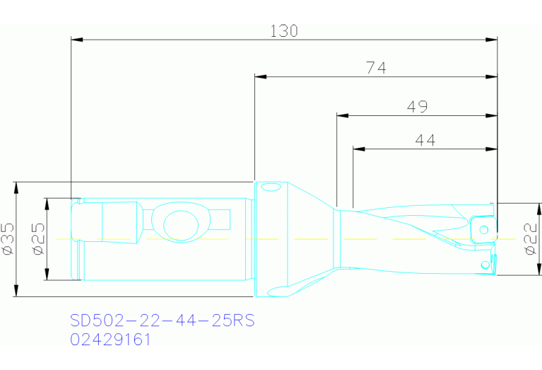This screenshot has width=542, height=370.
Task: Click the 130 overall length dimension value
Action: point(284,31)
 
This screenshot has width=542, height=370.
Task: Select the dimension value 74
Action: point(375,68)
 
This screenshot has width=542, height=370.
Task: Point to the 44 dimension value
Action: point(424,141)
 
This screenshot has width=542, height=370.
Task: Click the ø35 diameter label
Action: point(8,239)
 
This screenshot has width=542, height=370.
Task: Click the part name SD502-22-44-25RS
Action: point(162,320)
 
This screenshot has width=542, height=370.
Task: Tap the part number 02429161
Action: point(111,340)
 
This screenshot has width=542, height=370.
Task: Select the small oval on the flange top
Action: point(268,188)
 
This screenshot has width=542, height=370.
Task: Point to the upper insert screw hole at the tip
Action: point(484,229)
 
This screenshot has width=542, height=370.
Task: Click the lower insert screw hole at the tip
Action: point(484,264)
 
